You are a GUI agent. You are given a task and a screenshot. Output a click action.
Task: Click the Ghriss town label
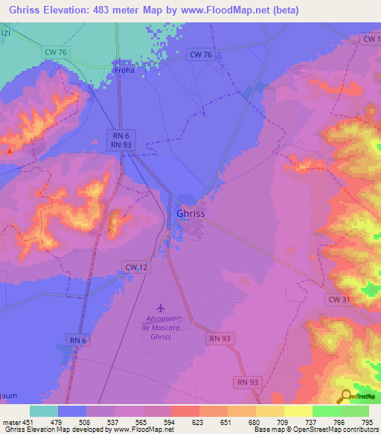coord(190,213)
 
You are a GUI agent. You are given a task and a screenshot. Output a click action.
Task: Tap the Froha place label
coord(125,71)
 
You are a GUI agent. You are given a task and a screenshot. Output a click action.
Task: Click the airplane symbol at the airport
coord(160,306)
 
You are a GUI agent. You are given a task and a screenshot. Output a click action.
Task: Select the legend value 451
coord(28,421)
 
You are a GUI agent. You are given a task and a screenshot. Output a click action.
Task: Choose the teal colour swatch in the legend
coord(44,411)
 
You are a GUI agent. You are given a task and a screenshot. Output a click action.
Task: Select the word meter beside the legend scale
coord(11,421)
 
